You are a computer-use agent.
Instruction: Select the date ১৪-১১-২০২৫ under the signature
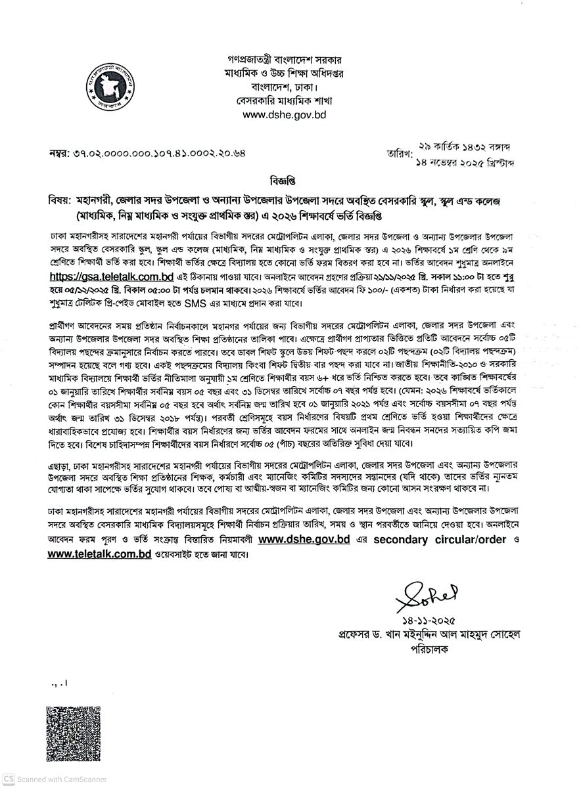coord(427,621)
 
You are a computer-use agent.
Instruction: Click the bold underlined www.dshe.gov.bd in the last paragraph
coord(304,540)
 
